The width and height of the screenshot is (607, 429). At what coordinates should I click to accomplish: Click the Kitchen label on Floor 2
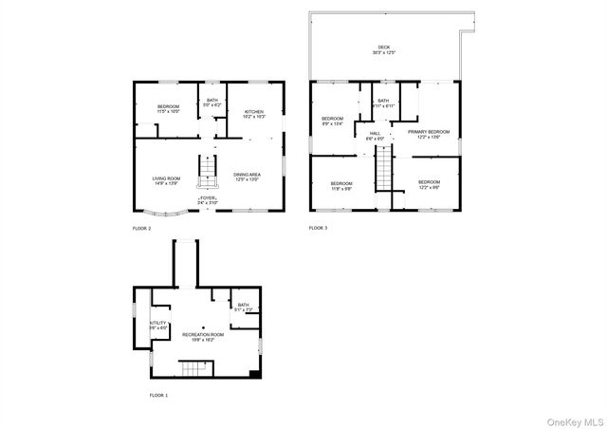click(x=254, y=111)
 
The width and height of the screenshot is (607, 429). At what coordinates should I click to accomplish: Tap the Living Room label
click(x=166, y=177)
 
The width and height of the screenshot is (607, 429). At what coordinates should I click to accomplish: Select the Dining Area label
click(x=248, y=177)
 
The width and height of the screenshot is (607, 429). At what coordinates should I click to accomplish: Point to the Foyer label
click(x=208, y=198)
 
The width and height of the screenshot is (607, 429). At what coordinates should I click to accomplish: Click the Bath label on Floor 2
click(x=212, y=101)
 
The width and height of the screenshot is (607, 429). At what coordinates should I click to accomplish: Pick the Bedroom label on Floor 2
click(x=169, y=106)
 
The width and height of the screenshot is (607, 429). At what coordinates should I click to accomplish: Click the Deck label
click(x=383, y=47)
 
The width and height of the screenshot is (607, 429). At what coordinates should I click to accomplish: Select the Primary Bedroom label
click(x=429, y=132)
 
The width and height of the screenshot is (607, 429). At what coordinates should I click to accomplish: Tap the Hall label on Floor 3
click(x=375, y=134)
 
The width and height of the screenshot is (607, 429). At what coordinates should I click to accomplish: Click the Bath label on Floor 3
click(x=383, y=101)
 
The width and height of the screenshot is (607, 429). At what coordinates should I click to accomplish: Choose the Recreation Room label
click(x=202, y=335)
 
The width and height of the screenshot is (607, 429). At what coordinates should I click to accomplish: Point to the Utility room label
click(x=157, y=324)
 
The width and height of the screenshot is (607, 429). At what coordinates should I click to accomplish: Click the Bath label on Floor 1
click(x=244, y=306)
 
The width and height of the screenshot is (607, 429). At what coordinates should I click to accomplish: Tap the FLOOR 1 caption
click(x=158, y=394)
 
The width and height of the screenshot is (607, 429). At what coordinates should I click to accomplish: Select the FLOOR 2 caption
click(x=141, y=229)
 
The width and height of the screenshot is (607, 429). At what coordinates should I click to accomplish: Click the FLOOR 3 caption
click(x=318, y=229)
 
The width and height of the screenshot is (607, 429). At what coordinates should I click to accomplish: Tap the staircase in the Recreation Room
click(x=193, y=366)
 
